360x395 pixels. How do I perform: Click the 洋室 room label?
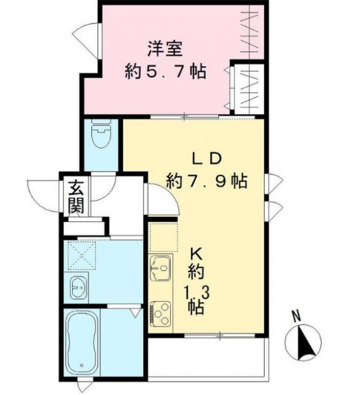click(165, 48)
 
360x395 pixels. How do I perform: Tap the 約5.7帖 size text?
click(165, 72)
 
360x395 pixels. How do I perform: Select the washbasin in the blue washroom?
click(78, 287)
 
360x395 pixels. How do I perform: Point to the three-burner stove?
click(162, 314)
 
